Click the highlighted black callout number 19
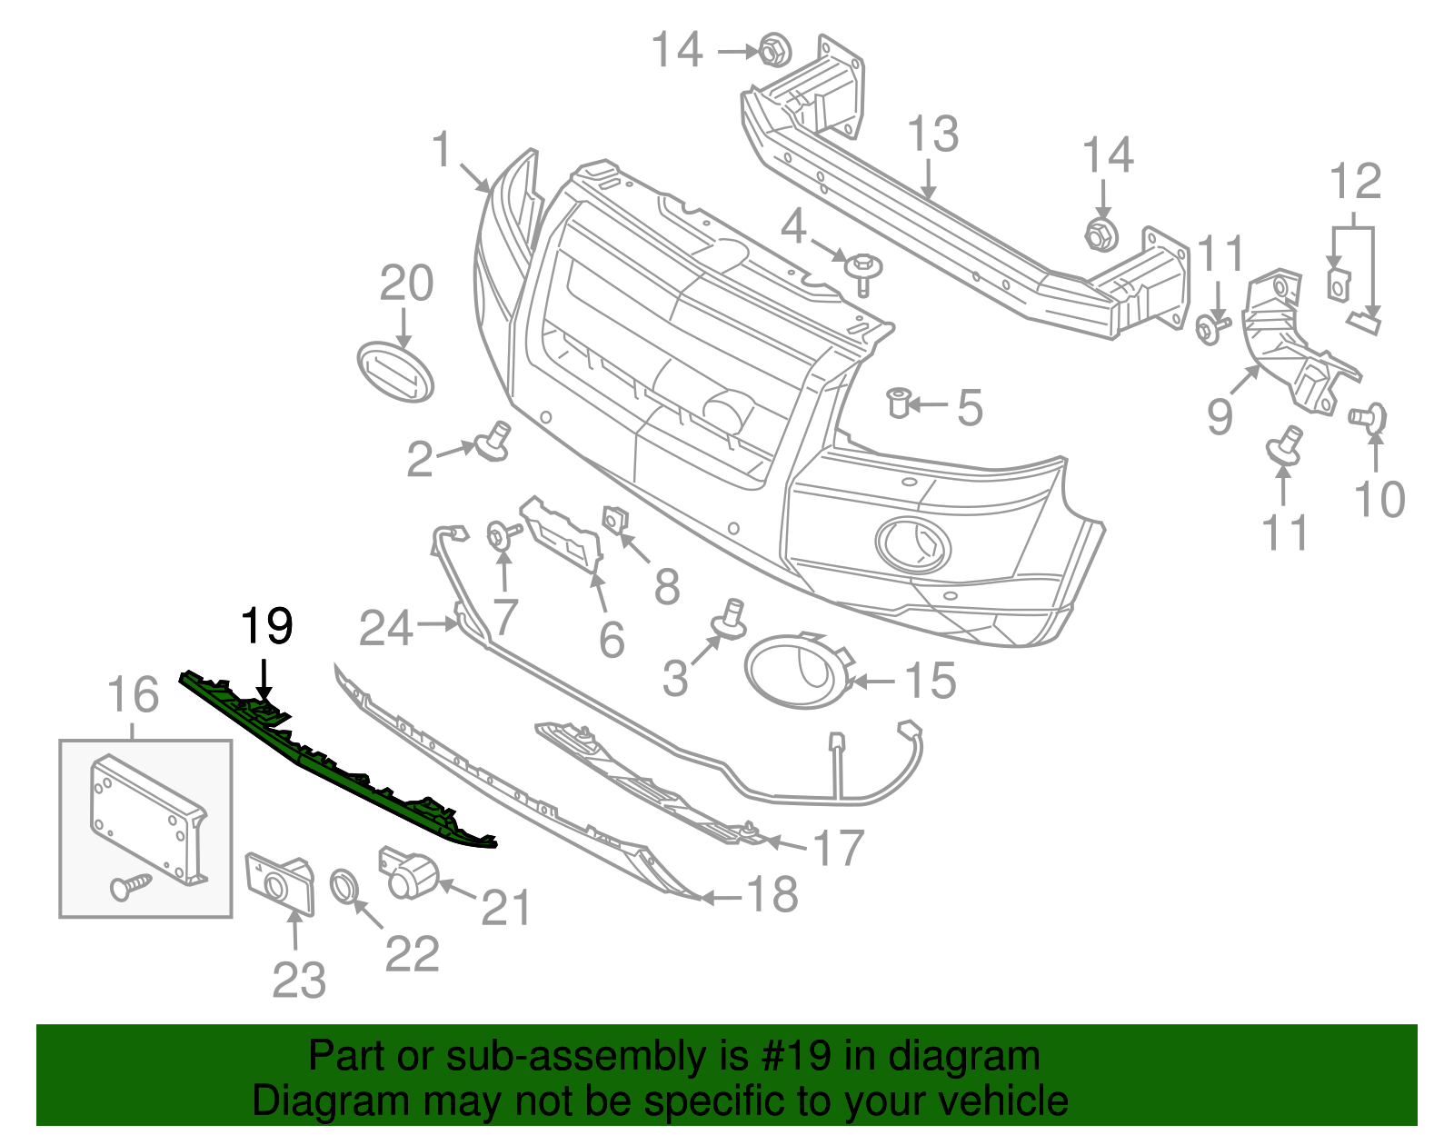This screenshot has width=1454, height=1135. click(x=266, y=626)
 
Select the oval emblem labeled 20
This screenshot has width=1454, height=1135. click(x=395, y=372)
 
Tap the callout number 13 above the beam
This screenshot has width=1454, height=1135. click(x=933, y=134)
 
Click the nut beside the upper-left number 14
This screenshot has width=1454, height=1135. click(x=772, y=50)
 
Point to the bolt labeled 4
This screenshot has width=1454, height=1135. click(x=860, y=272)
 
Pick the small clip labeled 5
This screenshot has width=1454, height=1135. click(x=898, y=401)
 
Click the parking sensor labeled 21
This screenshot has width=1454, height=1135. click(x=408, y=873)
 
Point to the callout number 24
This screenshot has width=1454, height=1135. click(x=386, y=628)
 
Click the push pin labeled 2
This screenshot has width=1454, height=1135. click(x=493, y=442)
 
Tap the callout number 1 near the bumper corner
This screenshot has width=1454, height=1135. click(x=442, y=149)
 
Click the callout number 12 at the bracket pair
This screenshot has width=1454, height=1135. click(x=1355, y=182)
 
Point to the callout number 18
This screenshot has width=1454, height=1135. click(x=772, y=895)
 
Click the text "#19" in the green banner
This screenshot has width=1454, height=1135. click(x=792, y=1057)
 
